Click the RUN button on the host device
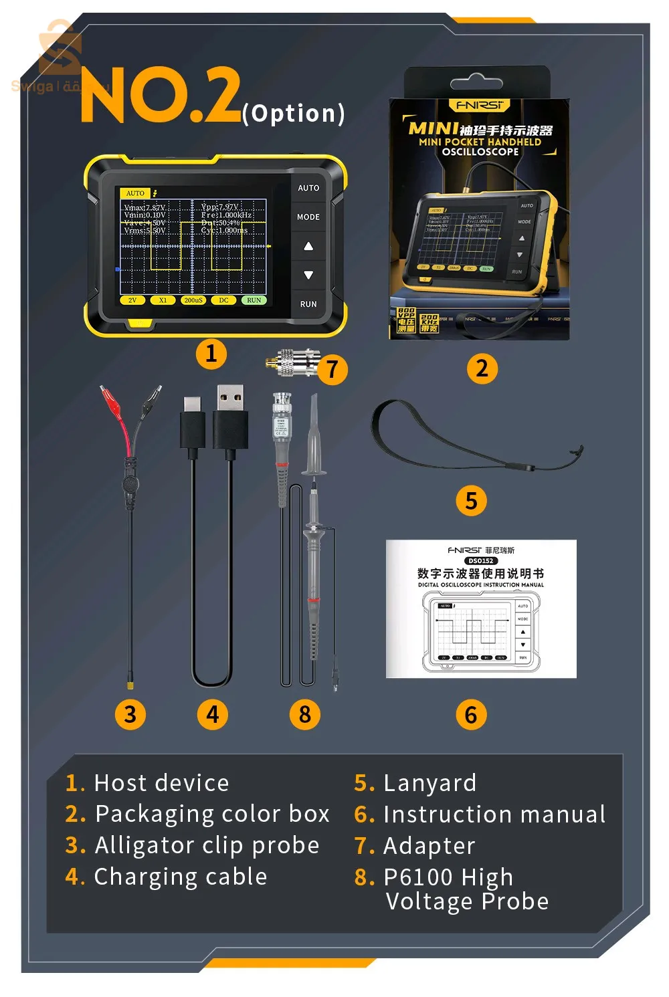click(308, 304)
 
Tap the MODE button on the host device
click(308, 217)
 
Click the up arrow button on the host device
click(308, 247)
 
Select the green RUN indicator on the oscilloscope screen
click(254, 300)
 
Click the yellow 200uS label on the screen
click(193, 300)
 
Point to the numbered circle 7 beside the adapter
click(332, 370)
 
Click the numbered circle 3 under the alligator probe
click(130, 714)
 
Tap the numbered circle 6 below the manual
click(471, 714)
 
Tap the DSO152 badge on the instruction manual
click(480, 560)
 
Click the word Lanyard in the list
click(429, 782)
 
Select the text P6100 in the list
click(414, 877)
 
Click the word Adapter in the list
click(429, 846)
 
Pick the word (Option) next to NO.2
click(293, 114)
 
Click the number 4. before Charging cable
click(75, 877)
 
